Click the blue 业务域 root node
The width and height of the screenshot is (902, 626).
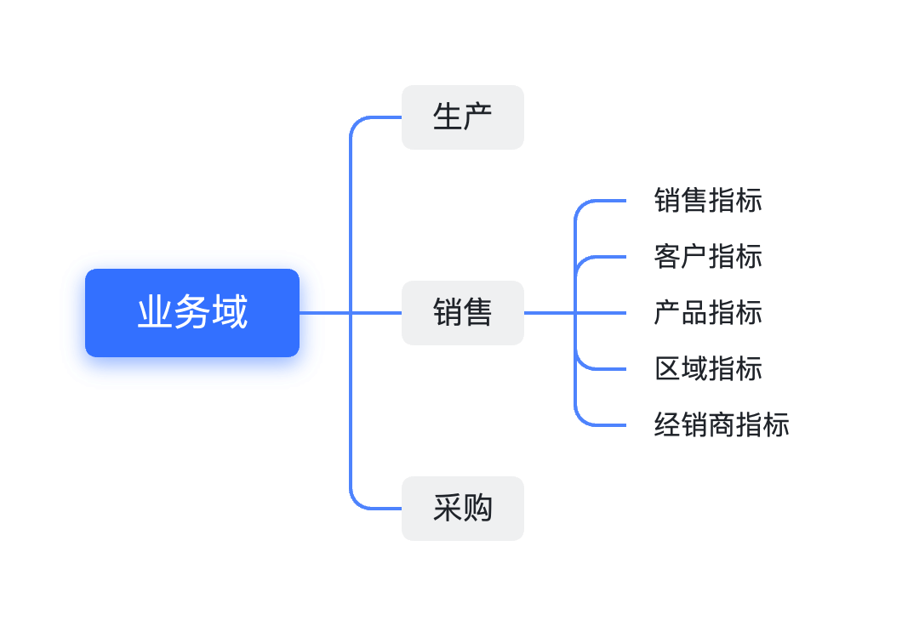pos(192,313)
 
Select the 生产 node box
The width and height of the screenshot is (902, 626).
pos(462,117)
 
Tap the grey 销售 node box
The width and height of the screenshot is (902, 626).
pos(462,313)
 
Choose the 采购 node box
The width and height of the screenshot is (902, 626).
pos(462,509)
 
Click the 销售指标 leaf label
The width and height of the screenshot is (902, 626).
pos(708,201)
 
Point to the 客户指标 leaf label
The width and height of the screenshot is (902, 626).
pos(708,257)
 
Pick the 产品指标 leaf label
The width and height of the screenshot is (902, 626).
pos(708,313)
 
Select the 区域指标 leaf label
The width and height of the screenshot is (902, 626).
pos(708,369)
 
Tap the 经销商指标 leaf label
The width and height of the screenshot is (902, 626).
pos(722,424)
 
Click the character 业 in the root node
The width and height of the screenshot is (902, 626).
pos(156,313)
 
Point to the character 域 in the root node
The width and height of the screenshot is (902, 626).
pos(230,313)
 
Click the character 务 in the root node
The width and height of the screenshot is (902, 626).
pos(192,313)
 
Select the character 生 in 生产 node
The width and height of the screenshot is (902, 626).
pos(448,117)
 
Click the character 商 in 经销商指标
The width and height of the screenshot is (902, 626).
pos(722,424)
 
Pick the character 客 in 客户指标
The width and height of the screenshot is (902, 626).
pos(667,257)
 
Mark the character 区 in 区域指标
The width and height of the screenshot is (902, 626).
pos(667,369)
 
